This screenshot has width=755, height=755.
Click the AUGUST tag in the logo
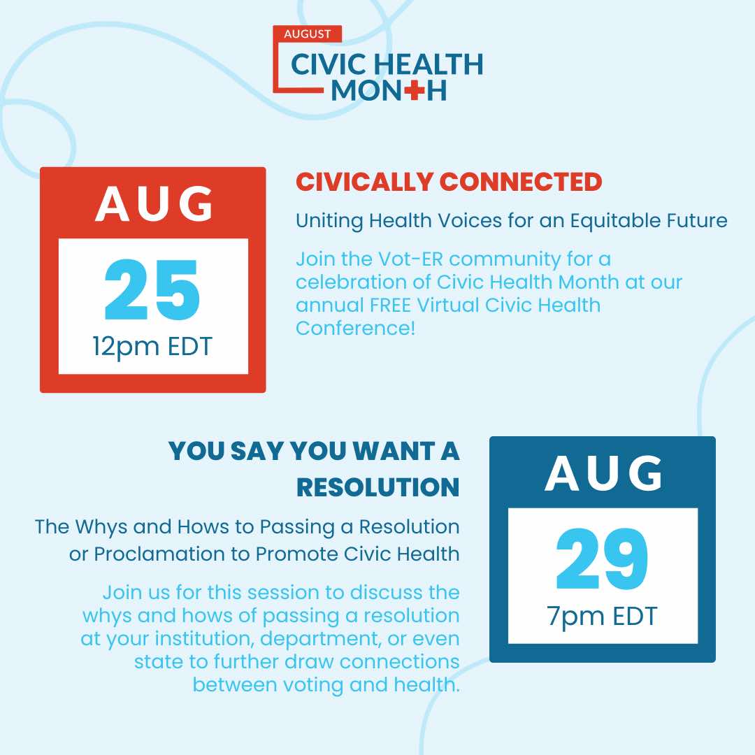tap(307, 34)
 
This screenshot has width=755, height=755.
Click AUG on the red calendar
tap(154, 203)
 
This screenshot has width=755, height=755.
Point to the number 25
tap(152, 290)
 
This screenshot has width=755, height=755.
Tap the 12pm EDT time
tap(152, 347)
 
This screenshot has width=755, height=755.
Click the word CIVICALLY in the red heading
tap(364, 182)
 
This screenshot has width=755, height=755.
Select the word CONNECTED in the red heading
tap(521, 182)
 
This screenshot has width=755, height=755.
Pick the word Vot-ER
tap(410, 259)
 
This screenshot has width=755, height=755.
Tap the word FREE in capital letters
tap(391, 305)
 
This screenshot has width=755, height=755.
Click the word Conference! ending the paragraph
tap(355, 329)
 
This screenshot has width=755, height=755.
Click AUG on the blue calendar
tap(603, 473)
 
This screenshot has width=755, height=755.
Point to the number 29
tap(602, 559)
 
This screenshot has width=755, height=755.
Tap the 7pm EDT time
tap(602, 617)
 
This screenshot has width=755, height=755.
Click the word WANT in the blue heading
tap(392, 451)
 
